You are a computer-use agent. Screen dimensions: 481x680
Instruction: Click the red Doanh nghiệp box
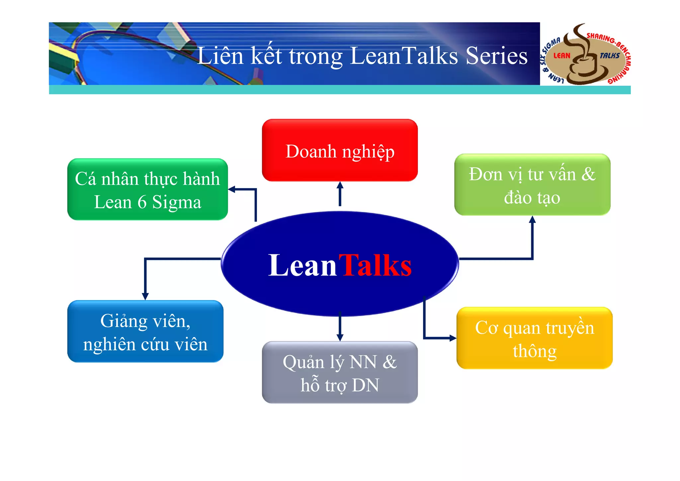(x=340, y=150)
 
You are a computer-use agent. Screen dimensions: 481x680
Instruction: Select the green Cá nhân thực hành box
(x=147, y=190)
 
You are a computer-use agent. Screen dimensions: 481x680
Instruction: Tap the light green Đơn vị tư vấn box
(x=532, y=185)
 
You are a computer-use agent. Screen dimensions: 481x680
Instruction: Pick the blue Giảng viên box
(x=145, y=331)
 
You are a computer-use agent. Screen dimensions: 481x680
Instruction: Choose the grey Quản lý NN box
(x=340, y=372)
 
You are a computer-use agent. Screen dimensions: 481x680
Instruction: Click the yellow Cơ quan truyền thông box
(x=534, y=338)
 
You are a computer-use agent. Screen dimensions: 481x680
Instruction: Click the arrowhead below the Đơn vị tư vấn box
(x=532, y=219)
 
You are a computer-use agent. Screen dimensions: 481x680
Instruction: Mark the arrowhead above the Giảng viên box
(x=145, y=296)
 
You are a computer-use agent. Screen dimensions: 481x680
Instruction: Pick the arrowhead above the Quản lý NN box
(x=340, y=337)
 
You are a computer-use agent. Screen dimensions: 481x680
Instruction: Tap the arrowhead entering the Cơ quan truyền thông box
(x=453, y=338)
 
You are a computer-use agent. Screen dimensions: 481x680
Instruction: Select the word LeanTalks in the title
(x=404, y=56)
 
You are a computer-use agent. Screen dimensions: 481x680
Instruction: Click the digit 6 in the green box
(x=142, y=202)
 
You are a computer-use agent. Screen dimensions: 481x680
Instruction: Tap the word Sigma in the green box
(x=177, y=202)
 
